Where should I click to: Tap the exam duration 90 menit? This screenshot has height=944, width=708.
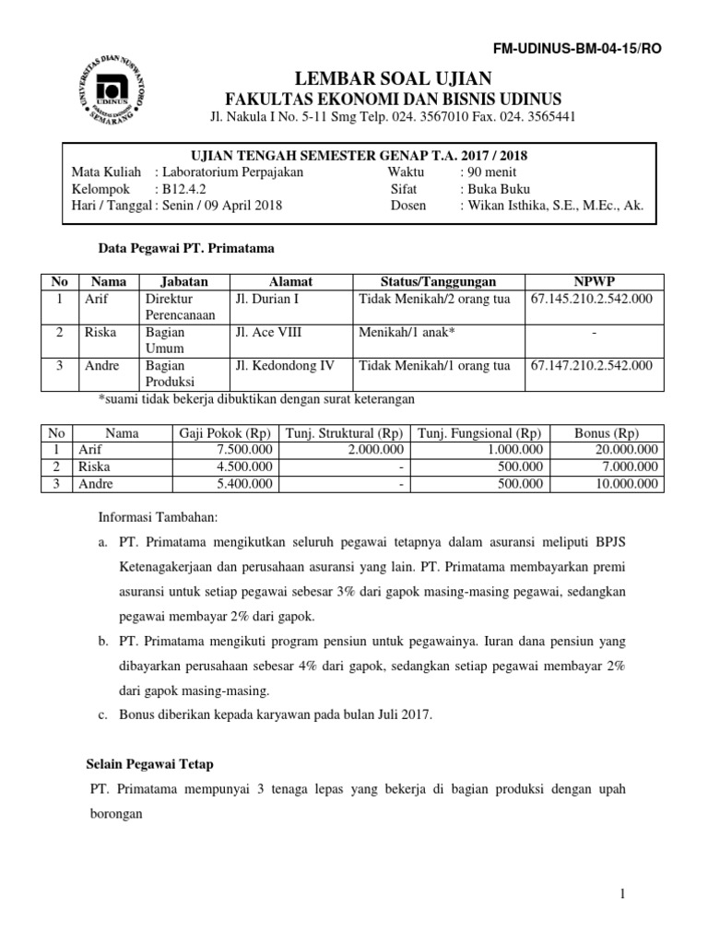click(x=489, y=171)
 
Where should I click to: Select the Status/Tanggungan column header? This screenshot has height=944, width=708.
click(x=438, y=281)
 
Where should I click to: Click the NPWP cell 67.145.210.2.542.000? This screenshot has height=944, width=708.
click(x=592, y=299)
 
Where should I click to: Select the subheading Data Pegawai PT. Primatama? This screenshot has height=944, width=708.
click(x=186, y=248)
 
